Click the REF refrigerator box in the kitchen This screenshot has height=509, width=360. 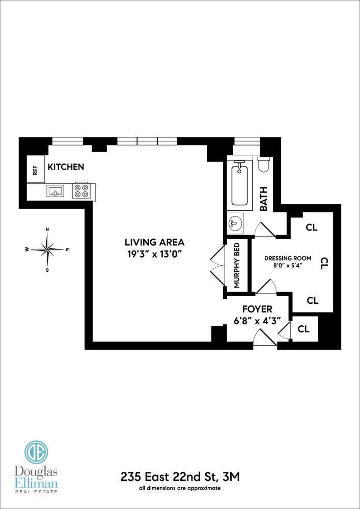(36, 170)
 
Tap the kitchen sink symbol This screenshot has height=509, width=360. (55, 191)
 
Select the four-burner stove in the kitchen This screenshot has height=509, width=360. (81, 191)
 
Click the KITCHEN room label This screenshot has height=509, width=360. (66, 167)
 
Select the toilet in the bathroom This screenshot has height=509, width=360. (264, 165)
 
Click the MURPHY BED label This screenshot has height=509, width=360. (237, 266)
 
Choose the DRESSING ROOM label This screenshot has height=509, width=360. (288, 258)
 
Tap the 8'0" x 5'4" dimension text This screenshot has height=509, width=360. (288, 266)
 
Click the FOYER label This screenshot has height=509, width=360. (257, 309)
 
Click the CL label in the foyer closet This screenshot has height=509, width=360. (303, 329)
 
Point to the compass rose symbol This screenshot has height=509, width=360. (47, 249)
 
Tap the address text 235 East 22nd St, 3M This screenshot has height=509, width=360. (180, 477)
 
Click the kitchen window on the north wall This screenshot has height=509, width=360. (68, 141)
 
